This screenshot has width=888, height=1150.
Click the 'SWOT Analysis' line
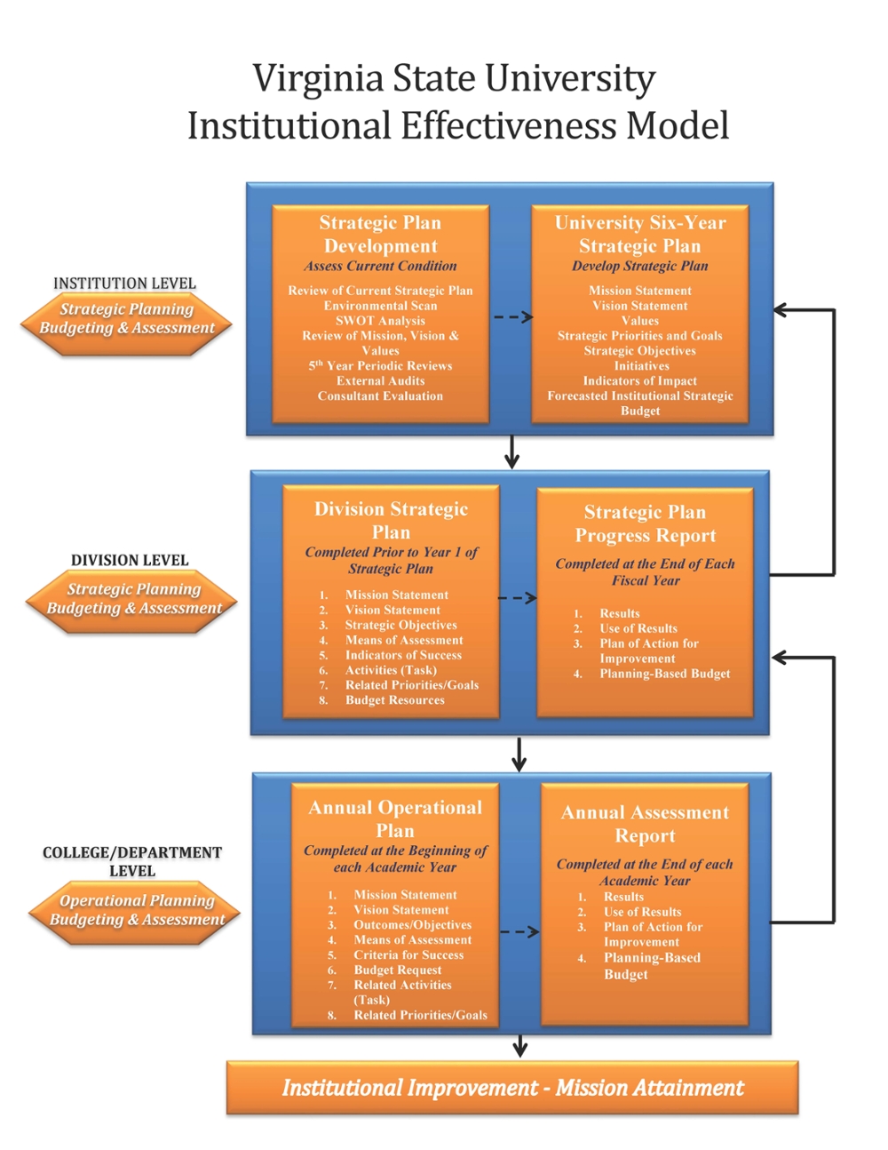[x=380, y=321]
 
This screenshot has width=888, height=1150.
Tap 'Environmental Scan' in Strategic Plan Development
[x=380, y=306]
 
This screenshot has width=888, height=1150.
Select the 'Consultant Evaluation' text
[x=380, y=395]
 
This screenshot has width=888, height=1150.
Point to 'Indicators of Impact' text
[x=639, y=381]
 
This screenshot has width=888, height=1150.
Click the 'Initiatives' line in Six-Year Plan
[x=641, y=365]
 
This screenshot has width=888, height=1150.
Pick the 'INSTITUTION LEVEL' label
[x=124, y=284]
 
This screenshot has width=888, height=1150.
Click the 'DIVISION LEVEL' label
[x=130, y=561]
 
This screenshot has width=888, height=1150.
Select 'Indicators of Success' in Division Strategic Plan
[x=403, y=655]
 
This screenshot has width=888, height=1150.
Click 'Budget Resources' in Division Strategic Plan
[x=395, y=700]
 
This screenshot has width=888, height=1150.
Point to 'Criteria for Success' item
[x=408, y=955]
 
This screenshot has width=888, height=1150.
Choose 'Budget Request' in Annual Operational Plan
[x=398, y=970]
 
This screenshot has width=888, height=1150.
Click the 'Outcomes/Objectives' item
[x=412, y=925]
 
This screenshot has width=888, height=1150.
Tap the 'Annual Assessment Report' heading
[x=645, y=824]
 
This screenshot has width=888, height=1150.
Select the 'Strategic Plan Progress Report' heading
[x=645, y=524]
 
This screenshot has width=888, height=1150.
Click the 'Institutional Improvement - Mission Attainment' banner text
[x=512, y=1088]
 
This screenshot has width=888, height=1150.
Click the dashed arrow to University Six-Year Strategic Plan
[x=513, y=317]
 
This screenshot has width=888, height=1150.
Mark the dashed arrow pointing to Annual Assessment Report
[x=519, y=931]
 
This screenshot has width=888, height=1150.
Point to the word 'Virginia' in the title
[x=318, y=79]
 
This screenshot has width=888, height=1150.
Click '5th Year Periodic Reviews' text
[x=380, y=365]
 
